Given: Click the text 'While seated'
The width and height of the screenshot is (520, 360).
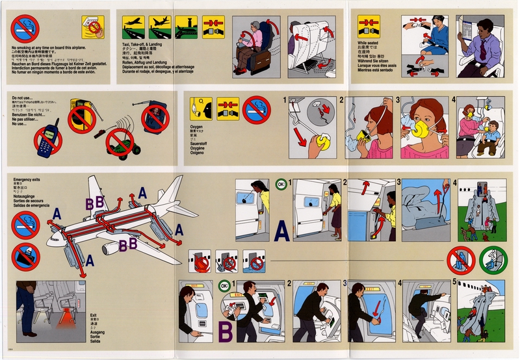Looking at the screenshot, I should (368, 43).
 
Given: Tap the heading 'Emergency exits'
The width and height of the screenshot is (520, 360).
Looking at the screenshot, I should (27, 178).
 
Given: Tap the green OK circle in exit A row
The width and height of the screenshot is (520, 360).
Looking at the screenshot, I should (279, 184).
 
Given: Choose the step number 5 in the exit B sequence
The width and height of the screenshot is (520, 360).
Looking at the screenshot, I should (454, 283).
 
